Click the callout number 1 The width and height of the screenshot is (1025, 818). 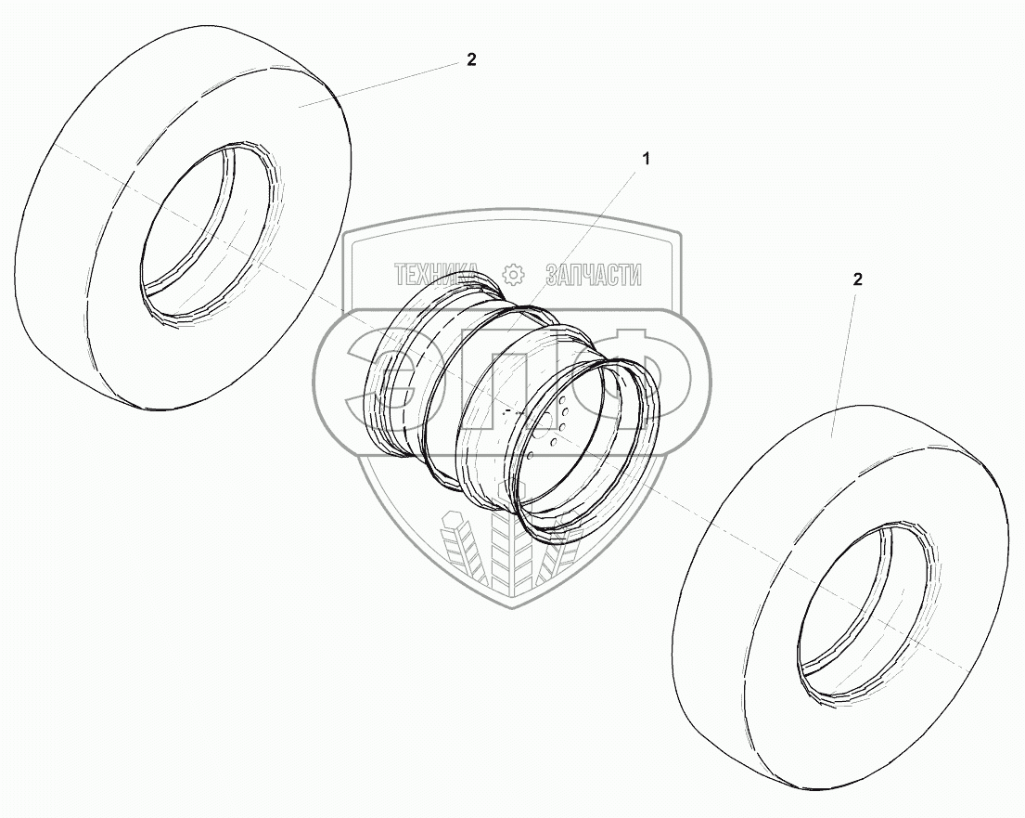coord(646,159)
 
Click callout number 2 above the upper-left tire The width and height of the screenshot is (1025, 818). coord(471,59)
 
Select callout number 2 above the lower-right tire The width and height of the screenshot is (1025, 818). coord(858,279)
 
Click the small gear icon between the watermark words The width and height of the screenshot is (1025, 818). coord(512,275)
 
